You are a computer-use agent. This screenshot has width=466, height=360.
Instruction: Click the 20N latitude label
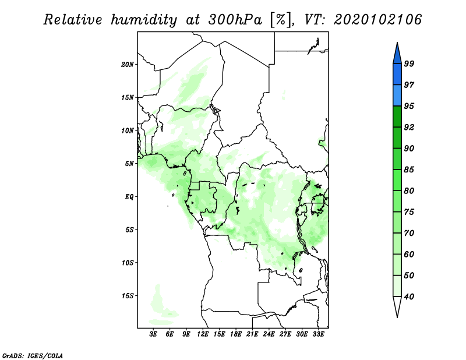[128, 65]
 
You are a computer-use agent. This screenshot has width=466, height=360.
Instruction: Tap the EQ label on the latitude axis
[129, 197]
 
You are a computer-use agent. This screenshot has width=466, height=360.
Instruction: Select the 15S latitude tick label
[128, 296]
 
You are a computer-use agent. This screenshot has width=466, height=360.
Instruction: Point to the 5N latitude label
[129, 164]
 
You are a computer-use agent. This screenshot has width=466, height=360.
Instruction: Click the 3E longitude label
[153, 334]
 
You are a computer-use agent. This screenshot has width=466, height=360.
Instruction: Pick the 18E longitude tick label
[236, 334]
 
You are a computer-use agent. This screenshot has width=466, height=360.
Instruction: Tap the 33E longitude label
[318, 334]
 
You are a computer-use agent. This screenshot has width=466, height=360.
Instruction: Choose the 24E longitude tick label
[269, 334]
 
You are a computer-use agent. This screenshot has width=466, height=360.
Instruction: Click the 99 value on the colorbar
[409, 63]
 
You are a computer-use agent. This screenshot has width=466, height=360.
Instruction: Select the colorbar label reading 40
[409, 297]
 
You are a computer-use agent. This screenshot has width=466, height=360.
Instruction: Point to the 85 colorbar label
[409, 170]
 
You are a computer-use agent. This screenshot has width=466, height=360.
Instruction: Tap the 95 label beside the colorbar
[409, 106]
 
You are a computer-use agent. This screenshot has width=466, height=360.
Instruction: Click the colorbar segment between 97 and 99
[397, 75]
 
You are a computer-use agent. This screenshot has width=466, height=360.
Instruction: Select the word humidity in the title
[144, 20]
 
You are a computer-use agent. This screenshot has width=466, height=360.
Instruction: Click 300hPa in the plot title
[235, 20]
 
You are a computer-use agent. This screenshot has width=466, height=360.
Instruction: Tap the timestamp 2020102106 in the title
[377, 20]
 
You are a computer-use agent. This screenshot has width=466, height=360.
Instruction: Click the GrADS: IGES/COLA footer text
[33, 355]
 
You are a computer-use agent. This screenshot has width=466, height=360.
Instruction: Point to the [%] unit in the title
[281, 20]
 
